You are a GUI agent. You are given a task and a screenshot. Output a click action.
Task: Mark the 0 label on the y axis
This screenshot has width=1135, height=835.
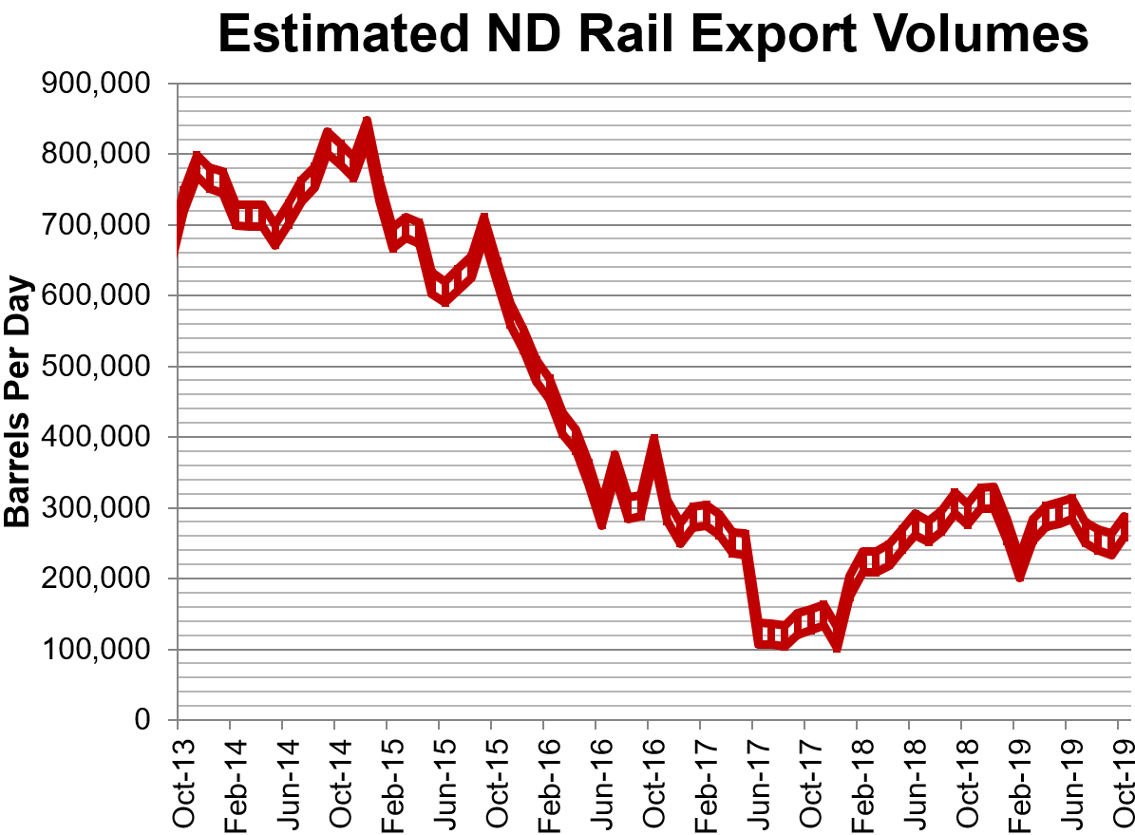pyautogui.click(x=142, y=720)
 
